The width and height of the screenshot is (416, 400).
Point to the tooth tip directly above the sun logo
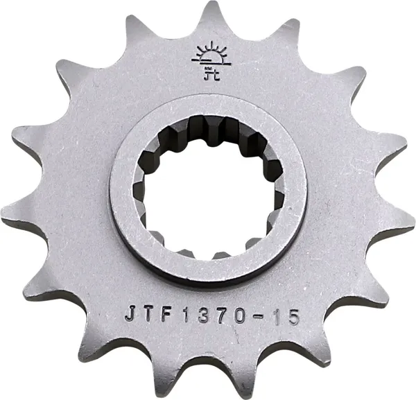[x=207, y=6]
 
